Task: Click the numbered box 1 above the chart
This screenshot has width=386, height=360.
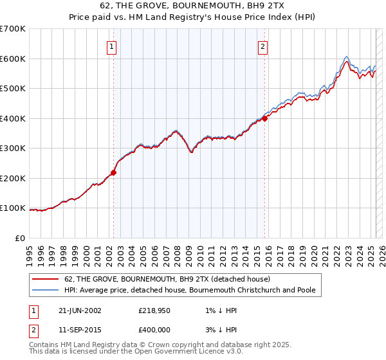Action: (x=112, y=46)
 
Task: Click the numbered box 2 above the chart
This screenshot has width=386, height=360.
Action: (x=264, y=46)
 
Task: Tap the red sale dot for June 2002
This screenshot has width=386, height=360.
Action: (x=114, y=172)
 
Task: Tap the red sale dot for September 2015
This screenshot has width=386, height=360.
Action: (x=264, y=118)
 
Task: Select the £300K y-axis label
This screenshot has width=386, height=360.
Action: (x=13, y=148)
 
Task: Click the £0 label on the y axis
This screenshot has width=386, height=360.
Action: (x=21, y=239)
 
